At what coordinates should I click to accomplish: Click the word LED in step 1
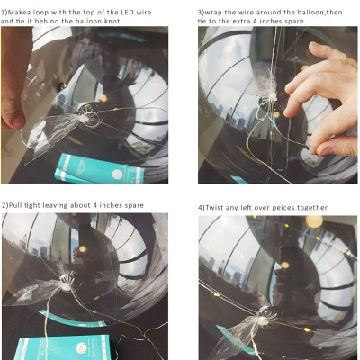128,13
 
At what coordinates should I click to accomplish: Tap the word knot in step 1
112,22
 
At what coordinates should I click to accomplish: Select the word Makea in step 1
19,13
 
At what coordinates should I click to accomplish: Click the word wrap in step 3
213,13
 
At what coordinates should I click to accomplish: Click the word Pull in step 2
15,205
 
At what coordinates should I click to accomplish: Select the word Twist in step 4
214,208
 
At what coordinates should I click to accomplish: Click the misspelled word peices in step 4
282,208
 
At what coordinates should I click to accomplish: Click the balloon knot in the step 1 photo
84,119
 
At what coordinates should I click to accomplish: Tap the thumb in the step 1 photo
13,119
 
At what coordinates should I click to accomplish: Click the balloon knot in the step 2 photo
66,286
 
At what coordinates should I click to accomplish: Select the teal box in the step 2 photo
61,347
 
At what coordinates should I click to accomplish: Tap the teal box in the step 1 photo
99,168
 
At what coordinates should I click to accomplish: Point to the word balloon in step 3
310,13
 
